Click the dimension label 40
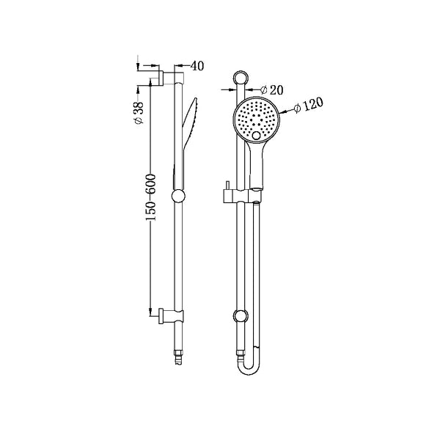[x=197, y=66]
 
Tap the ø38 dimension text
[x=138, y=112]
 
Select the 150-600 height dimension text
[x=150, y=198]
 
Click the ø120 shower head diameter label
[x=308, y=106]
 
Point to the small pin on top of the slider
[x=227, y=184]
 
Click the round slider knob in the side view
[x=177, y=196]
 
